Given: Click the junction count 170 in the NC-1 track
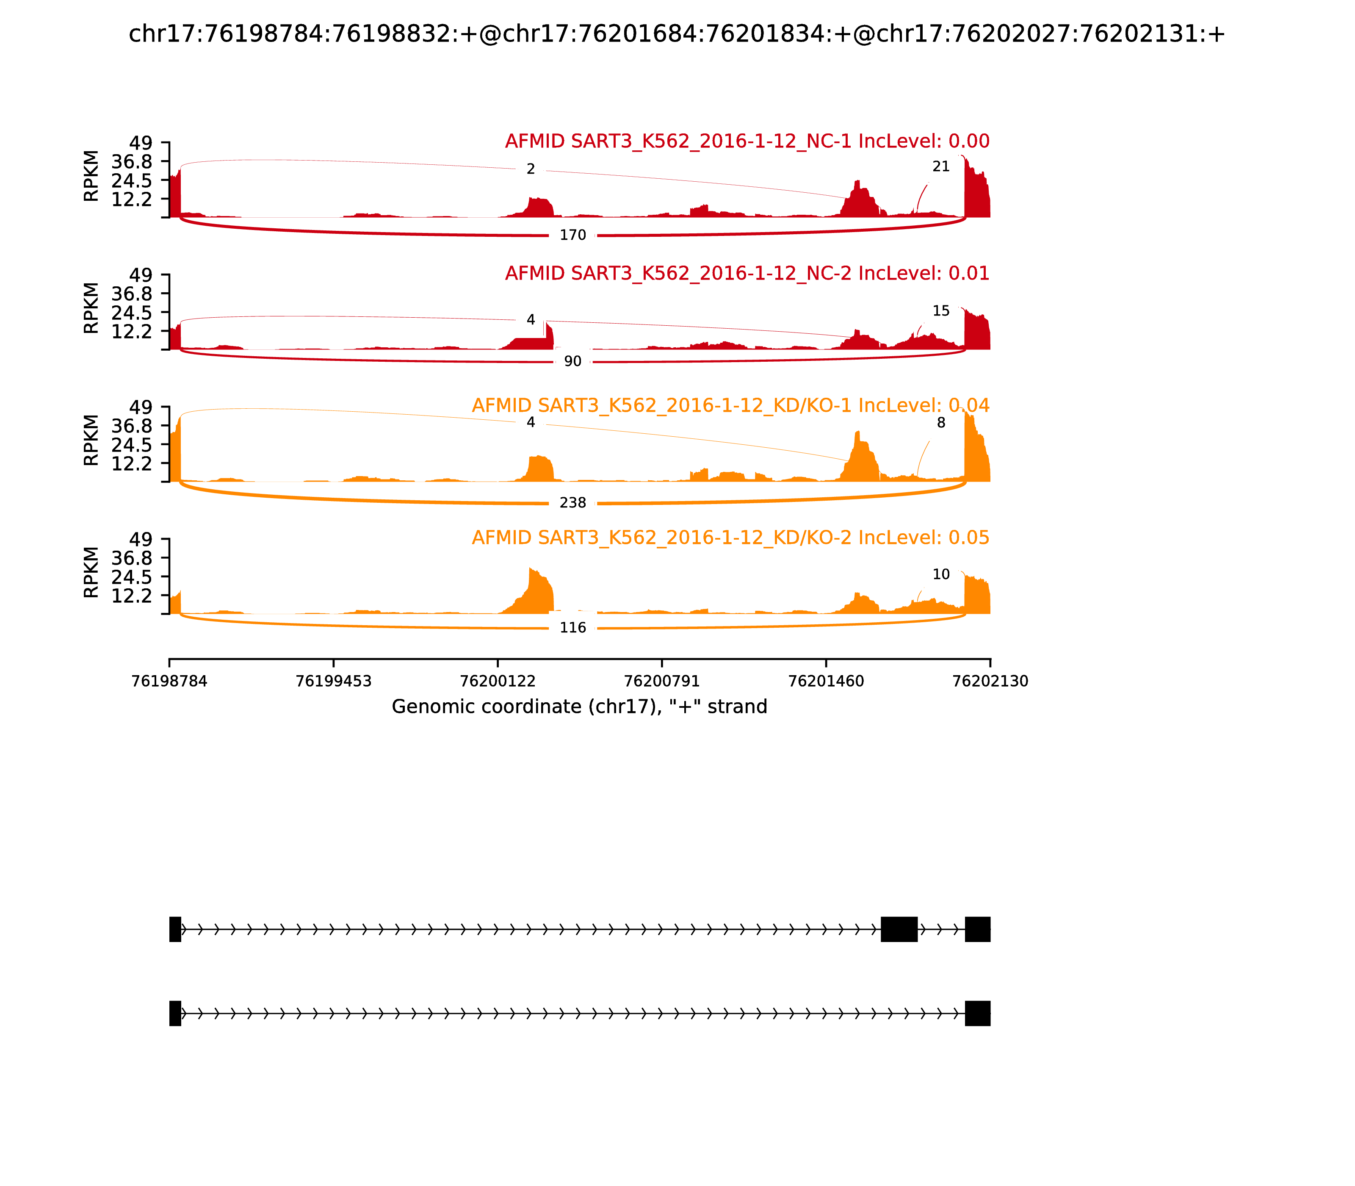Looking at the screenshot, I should click(x=572, y=235).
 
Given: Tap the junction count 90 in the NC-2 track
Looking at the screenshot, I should click(x=572, y=361).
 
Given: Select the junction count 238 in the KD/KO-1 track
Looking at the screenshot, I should click(x=572, y=503).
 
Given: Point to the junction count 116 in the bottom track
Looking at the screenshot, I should click(x=572, y=627).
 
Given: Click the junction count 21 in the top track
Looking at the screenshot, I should click(x=941, y=167).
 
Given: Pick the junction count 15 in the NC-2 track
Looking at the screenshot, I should click(x=941, y=311).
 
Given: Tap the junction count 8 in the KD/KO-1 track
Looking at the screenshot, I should click(x=941, y=423).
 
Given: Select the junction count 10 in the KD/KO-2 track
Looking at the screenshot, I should click(x=941, y=574).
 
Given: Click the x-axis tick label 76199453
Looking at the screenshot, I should click(x=334, y=681).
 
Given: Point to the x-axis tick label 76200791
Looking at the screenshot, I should click(x=661, y=681).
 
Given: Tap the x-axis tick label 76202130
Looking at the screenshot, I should click(x=990, y=681).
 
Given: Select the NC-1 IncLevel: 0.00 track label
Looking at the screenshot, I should click(x=747, y=141).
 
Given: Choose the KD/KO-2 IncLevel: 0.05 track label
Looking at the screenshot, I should click(x=730, y=538).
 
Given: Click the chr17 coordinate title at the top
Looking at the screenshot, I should click(x=677, y=34).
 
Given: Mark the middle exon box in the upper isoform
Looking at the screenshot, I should click(x=899, y=929).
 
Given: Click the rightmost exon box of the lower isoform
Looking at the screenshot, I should click(x=977, y=1013).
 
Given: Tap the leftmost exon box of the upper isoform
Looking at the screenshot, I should click(x=175, y=929).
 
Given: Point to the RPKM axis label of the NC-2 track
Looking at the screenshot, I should click(x=91, y=308).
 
